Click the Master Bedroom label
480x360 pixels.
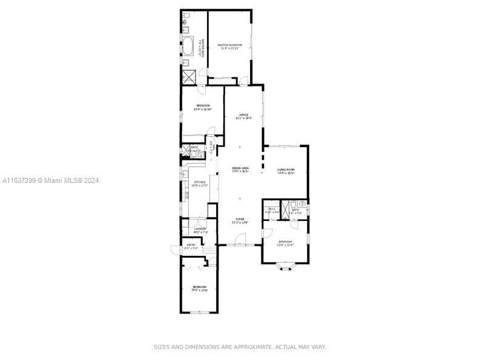(230, 45)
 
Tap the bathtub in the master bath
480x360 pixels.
(188, 47)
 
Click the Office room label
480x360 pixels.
(243, 115)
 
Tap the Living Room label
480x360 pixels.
(286, 170)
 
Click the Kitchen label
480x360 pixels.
(199, 182)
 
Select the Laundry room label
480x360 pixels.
(200, 229)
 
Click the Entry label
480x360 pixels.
(191, 245)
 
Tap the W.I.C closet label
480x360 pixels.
(272, 209)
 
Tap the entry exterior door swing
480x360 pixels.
(176, 248)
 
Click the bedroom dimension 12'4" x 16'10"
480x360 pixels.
(202, 110)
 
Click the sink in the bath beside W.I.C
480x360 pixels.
(303, 207)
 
